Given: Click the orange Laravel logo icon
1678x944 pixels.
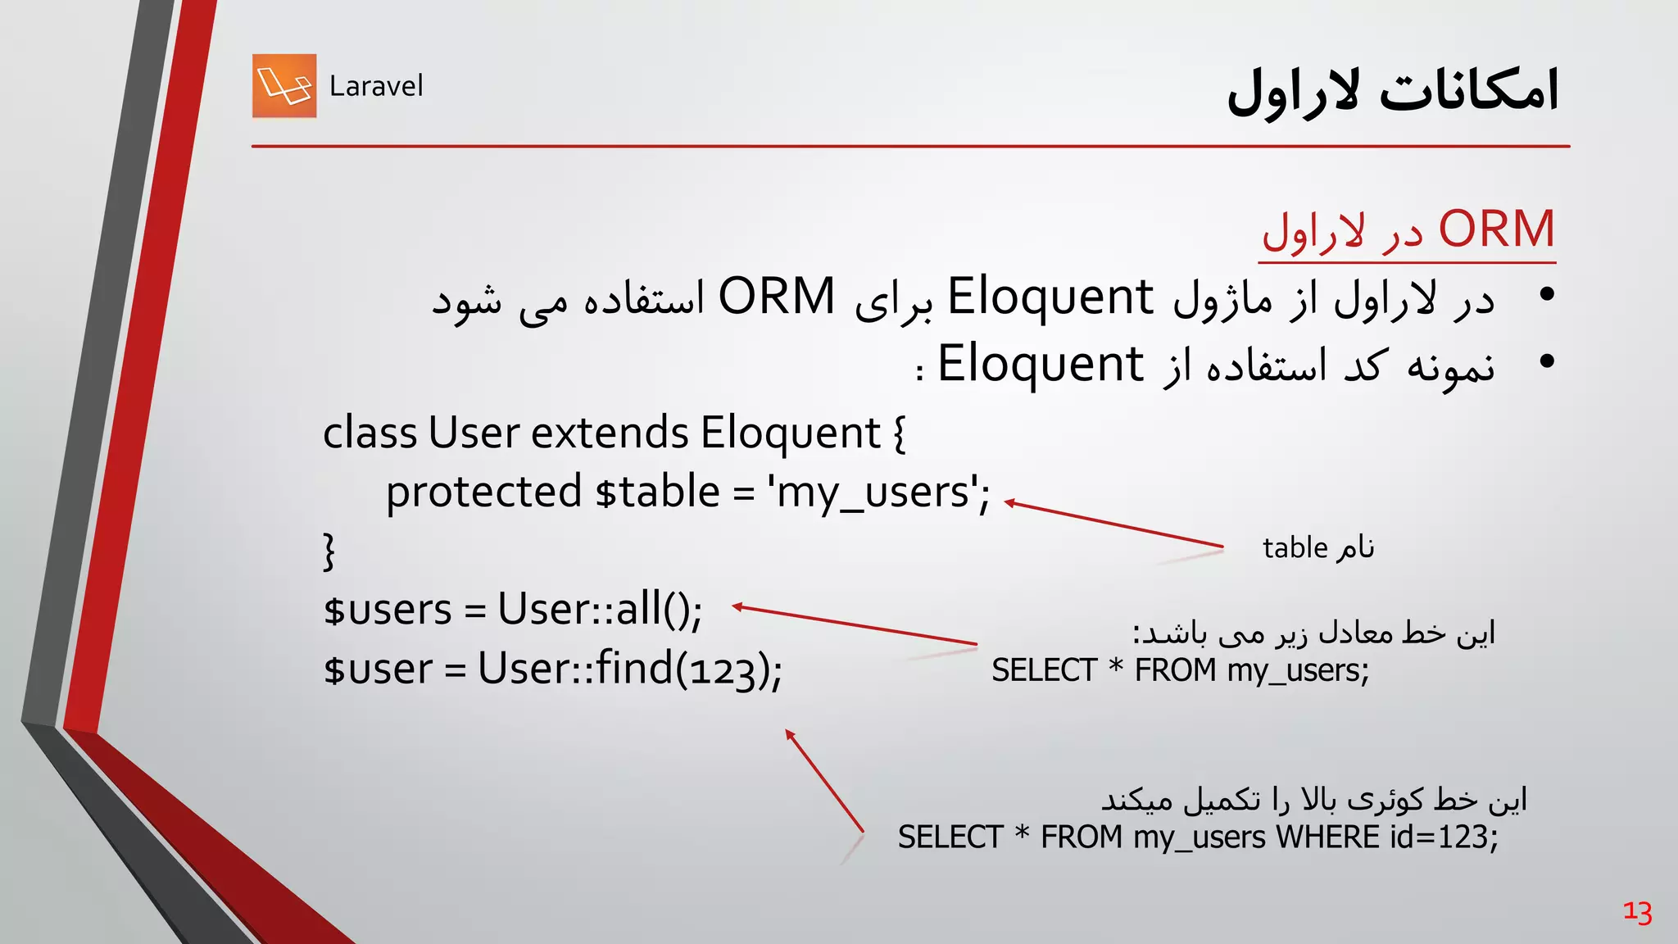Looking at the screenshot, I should tap(284, 86).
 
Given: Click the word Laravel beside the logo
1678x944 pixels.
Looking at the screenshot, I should tap(376, 86).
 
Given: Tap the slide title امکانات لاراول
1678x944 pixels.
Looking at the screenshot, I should tap(1392, 90).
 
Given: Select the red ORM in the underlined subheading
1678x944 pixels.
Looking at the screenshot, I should tap(1496, 229).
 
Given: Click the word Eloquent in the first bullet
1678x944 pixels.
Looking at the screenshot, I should tap(1050, 297).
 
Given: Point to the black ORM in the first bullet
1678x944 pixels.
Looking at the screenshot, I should tap(776, 297).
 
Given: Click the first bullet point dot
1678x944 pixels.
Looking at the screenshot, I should tap(1546, 295).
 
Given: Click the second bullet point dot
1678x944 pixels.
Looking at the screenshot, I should tap(1546, 362).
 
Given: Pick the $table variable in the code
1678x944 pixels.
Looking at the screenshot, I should tap(658, 492).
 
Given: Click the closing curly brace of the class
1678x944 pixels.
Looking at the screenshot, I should tap(329, 551).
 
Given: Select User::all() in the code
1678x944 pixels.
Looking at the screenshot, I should tap(599, 610).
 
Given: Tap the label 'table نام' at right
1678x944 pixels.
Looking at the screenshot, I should tap(1317, 547).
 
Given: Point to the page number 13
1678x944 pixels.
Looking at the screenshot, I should tap(1637, 911).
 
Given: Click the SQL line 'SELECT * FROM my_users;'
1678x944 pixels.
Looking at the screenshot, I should tap(1180, 670).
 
